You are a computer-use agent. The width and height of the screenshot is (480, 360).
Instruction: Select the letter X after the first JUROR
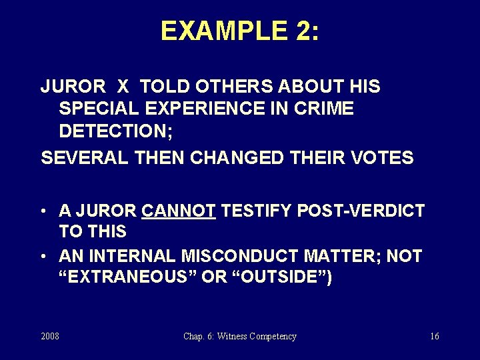[123, 87]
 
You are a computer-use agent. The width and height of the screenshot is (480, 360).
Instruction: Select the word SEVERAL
[81, 158]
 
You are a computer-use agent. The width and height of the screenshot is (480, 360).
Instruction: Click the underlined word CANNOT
[179, 211]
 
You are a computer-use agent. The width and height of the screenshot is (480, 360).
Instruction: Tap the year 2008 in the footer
[49, 337]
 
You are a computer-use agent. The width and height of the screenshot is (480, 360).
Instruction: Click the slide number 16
[434, 337]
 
